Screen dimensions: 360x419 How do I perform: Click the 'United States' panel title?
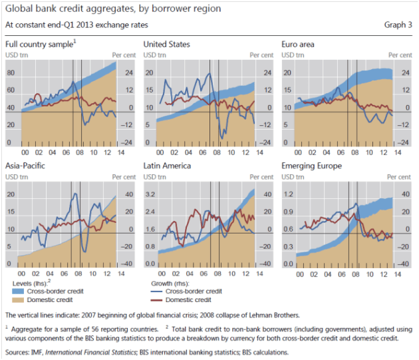[166, 45]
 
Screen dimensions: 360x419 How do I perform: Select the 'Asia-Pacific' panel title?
[25, 166]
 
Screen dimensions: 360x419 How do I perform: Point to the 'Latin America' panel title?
[168, 166]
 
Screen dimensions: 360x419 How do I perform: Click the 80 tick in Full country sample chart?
[11, 73]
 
